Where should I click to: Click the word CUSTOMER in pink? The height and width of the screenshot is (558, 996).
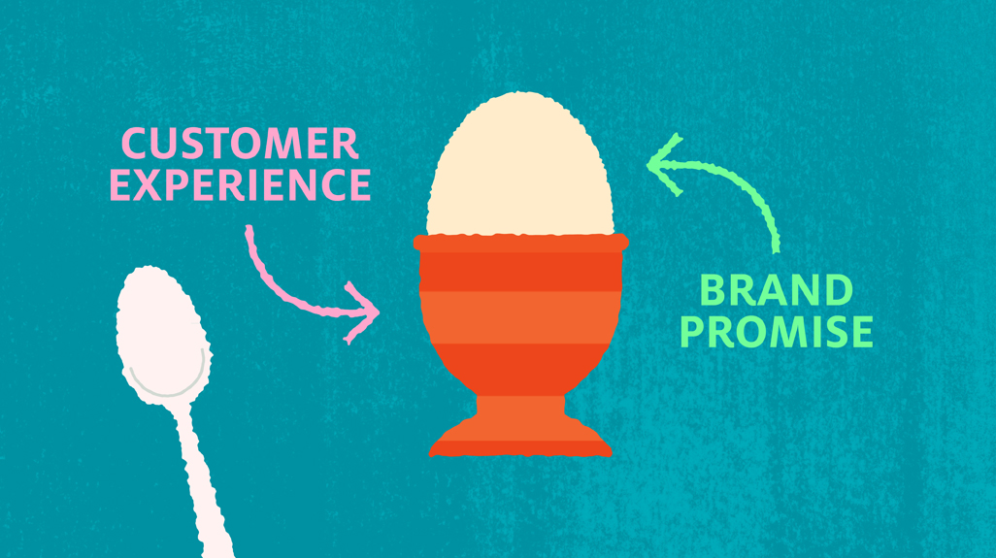[240, 144]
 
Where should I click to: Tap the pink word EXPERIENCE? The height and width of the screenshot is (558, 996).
[240, 184]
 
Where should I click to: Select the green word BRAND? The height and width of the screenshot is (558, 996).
[776, 290]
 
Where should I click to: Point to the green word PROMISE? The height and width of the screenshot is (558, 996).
[777, 331]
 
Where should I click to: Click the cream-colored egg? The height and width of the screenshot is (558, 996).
[520, 165]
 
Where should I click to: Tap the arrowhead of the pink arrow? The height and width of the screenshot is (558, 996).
[363, 312]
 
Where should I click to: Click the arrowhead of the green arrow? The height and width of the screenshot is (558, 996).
[664, 164]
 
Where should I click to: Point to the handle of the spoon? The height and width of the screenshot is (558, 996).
[203, 482]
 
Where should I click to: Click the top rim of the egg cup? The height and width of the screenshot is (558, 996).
[521, 243]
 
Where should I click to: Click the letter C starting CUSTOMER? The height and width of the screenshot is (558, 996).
[135, 144]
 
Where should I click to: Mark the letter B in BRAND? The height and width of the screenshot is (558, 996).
[713, 290]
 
